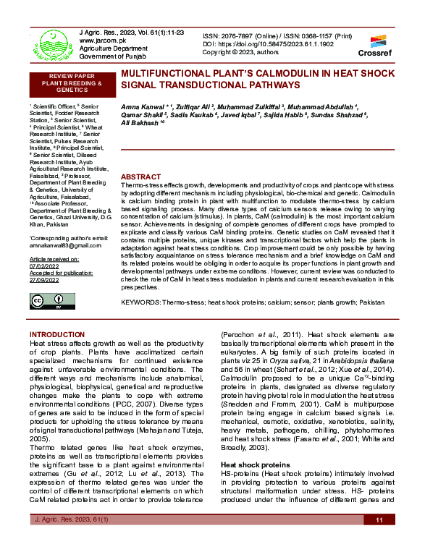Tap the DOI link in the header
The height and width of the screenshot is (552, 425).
pyautogui.click(x=269, y=43)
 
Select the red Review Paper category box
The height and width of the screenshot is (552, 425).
pyautogui.click(x=71, y=83)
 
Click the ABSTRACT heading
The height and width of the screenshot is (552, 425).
pyautogui.click(x=140, y=177)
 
